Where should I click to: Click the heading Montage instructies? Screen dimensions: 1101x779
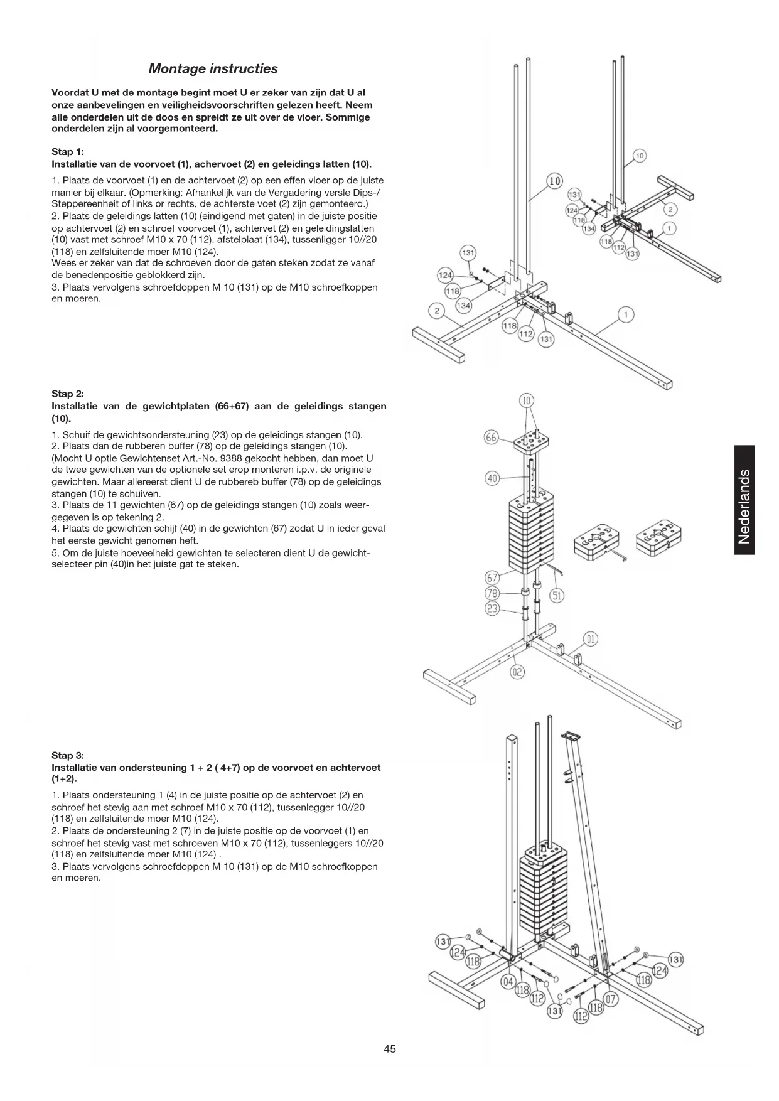click(213, 68)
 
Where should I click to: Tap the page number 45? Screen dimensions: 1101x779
click(390, 1048)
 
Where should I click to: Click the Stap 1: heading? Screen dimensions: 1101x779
click(67, 152)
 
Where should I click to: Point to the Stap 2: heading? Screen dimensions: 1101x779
click(67, 394)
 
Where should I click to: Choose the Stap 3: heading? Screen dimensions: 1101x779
click(67, 755)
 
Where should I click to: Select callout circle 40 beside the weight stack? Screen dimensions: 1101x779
click(493, 478)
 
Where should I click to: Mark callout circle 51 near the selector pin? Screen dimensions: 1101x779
click(556, 596)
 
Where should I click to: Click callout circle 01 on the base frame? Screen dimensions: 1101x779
click(590, 640)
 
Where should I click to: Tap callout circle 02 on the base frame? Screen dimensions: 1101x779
click(517, 672)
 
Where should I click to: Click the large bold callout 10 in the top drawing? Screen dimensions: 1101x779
click(554, 181)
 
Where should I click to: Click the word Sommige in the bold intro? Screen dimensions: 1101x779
click(348, 117)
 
